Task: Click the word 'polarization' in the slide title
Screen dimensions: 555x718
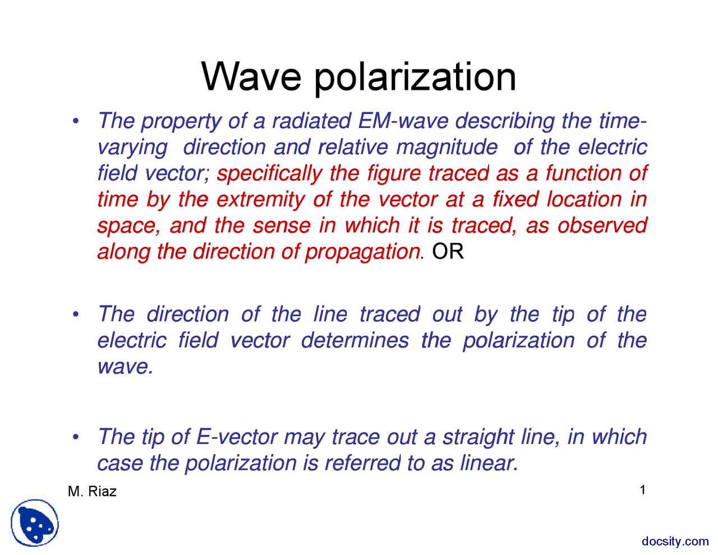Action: (415, 77)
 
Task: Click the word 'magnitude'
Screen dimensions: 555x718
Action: (447, 147)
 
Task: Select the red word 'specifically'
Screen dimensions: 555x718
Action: (269, 173)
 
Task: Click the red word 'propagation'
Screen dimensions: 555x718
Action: (362, 251)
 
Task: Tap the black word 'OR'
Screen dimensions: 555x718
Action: (448, 251)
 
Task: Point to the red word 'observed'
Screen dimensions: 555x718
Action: (602, 225)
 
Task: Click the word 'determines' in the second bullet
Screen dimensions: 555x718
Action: (355, 340)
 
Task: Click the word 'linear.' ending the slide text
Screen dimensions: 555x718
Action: (489, 463)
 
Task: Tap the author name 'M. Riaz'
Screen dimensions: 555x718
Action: (92, 492)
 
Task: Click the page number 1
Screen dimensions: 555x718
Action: (643, 490)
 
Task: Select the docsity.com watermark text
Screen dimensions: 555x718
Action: (675, 541)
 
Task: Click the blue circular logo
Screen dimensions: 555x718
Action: (35, 523)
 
